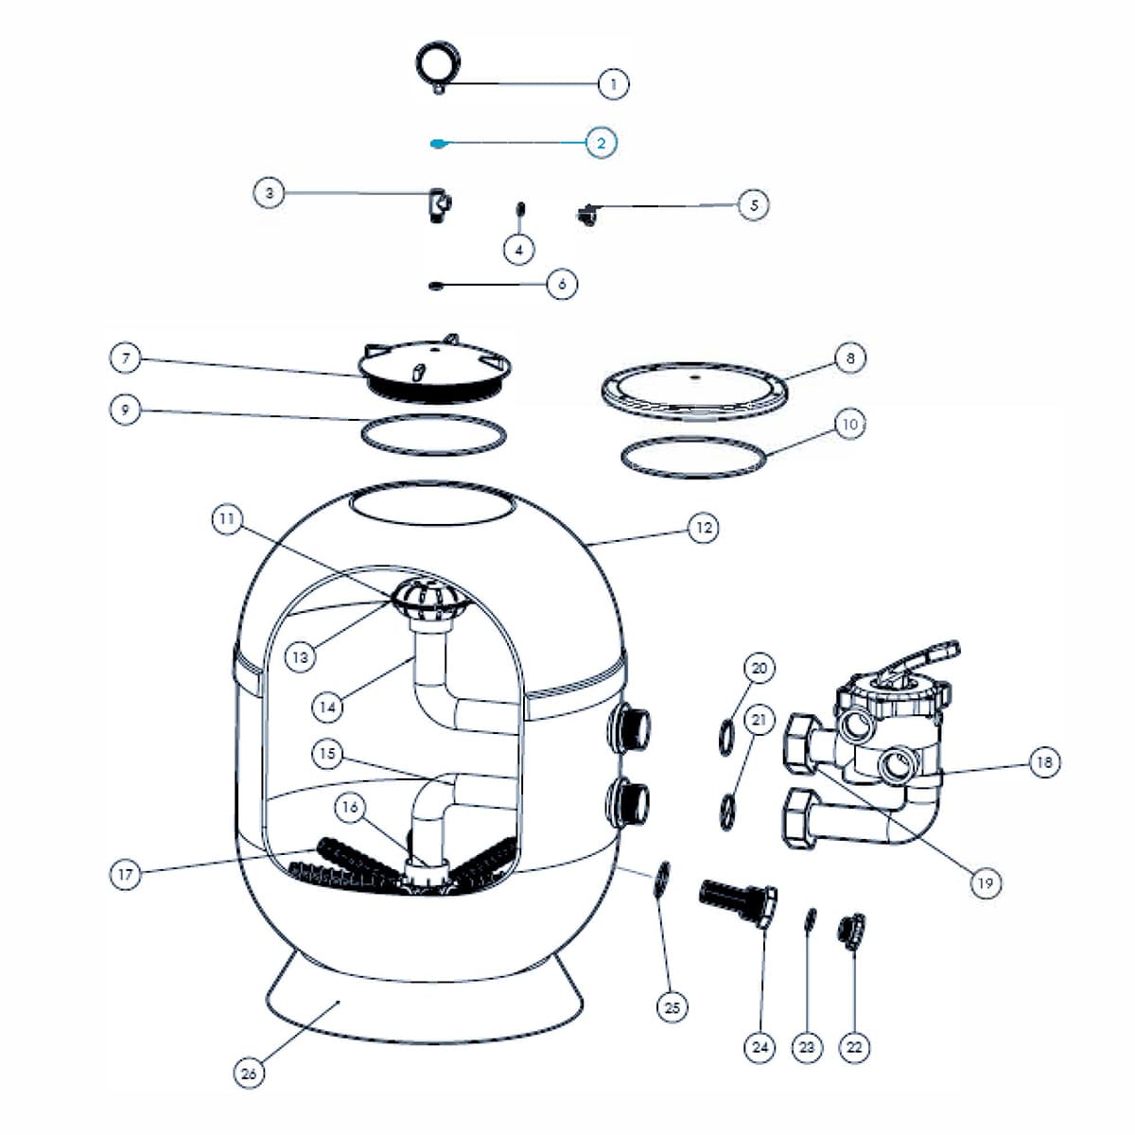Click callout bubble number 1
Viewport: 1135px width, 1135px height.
click(x=613, y=84)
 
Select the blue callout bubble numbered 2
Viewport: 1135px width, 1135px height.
click(x=601, y=143)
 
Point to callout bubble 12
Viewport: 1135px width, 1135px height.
click(x=703, y=528)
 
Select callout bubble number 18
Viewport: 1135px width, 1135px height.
click(x=1044, y=761)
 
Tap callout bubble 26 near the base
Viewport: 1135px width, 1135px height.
click(x=249, y=1074)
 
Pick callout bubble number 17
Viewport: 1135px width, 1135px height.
click(x=126, y=874)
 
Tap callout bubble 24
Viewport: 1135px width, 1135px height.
click(x=760, y=1047)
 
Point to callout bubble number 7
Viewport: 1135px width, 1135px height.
click(x=126, y=358)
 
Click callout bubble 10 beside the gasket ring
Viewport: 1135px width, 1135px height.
click(x=849, y=425)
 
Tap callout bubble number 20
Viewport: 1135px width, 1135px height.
click(x=760, y=668)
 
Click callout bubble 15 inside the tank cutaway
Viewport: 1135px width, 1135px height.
click(x=327, y=754)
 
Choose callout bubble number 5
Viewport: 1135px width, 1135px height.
click(x=753, y=204)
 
